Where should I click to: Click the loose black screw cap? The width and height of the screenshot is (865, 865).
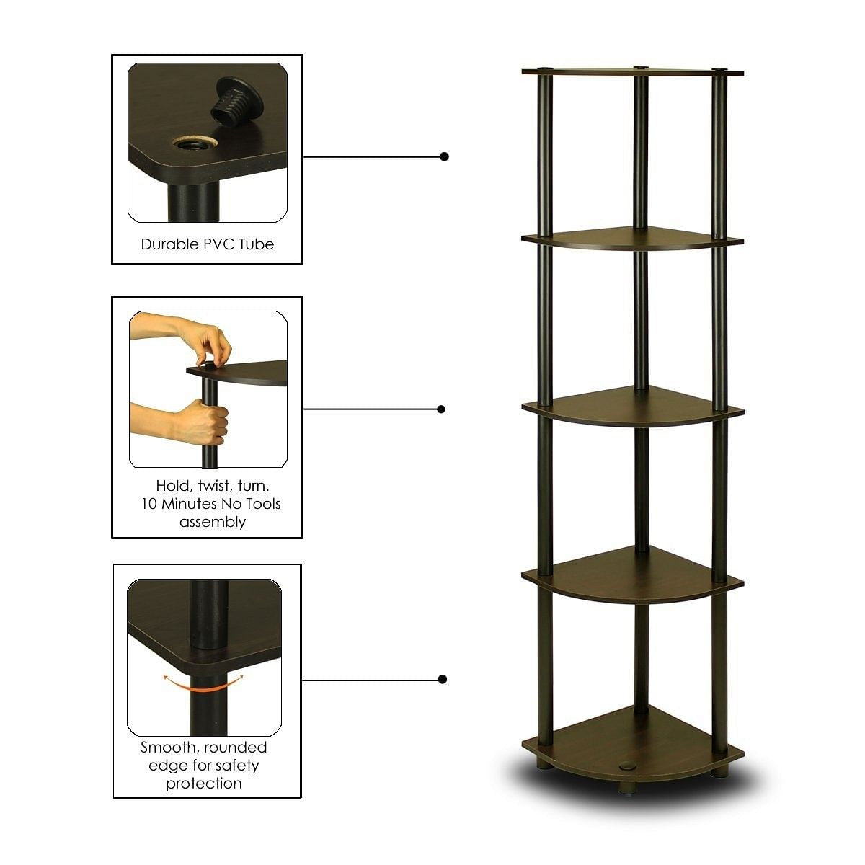[233, 101]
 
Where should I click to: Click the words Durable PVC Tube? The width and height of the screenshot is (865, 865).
[208, 244]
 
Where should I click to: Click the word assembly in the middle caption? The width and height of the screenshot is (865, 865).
[212, 522]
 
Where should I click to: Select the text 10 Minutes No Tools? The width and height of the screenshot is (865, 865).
[211, 504]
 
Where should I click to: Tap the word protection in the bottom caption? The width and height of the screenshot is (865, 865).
[204, 784]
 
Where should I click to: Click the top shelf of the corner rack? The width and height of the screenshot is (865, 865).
[632, 71]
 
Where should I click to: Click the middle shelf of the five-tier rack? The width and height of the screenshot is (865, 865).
[632, 404]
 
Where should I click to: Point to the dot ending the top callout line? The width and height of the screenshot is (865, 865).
[445, 156]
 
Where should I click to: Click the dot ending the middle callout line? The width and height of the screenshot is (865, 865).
[441, 409]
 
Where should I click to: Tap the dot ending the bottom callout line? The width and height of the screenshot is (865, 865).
[443, 679]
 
